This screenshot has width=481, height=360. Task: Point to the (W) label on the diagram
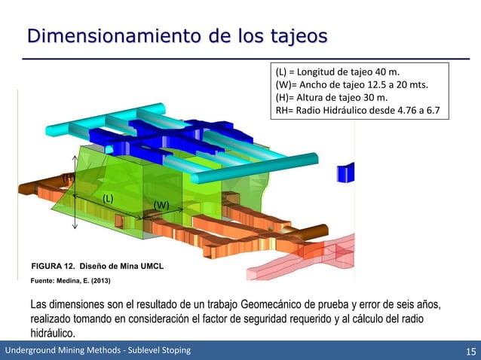tap(161, 205)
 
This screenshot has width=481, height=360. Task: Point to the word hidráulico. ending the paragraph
tap(52, 332)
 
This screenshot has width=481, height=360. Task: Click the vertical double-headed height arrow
tap(75, 192)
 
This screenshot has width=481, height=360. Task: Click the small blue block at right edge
tap(348, 174)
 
